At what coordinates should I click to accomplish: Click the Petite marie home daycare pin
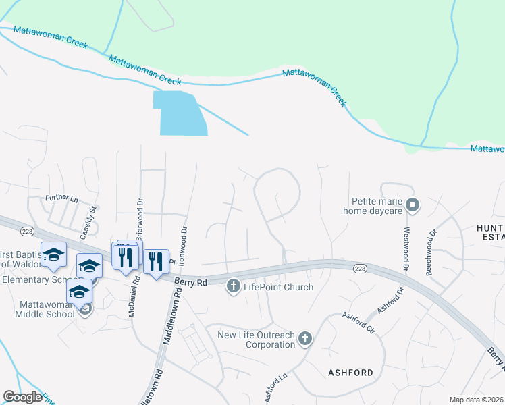tap(415, 205)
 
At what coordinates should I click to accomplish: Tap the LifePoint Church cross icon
tap(234, 286)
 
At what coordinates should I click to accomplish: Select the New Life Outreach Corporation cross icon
tap(305, 339)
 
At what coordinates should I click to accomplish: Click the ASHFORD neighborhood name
tap(350, 372)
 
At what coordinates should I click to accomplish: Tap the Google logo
tap(22, 397)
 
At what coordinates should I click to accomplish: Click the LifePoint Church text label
tap(278, 287)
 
